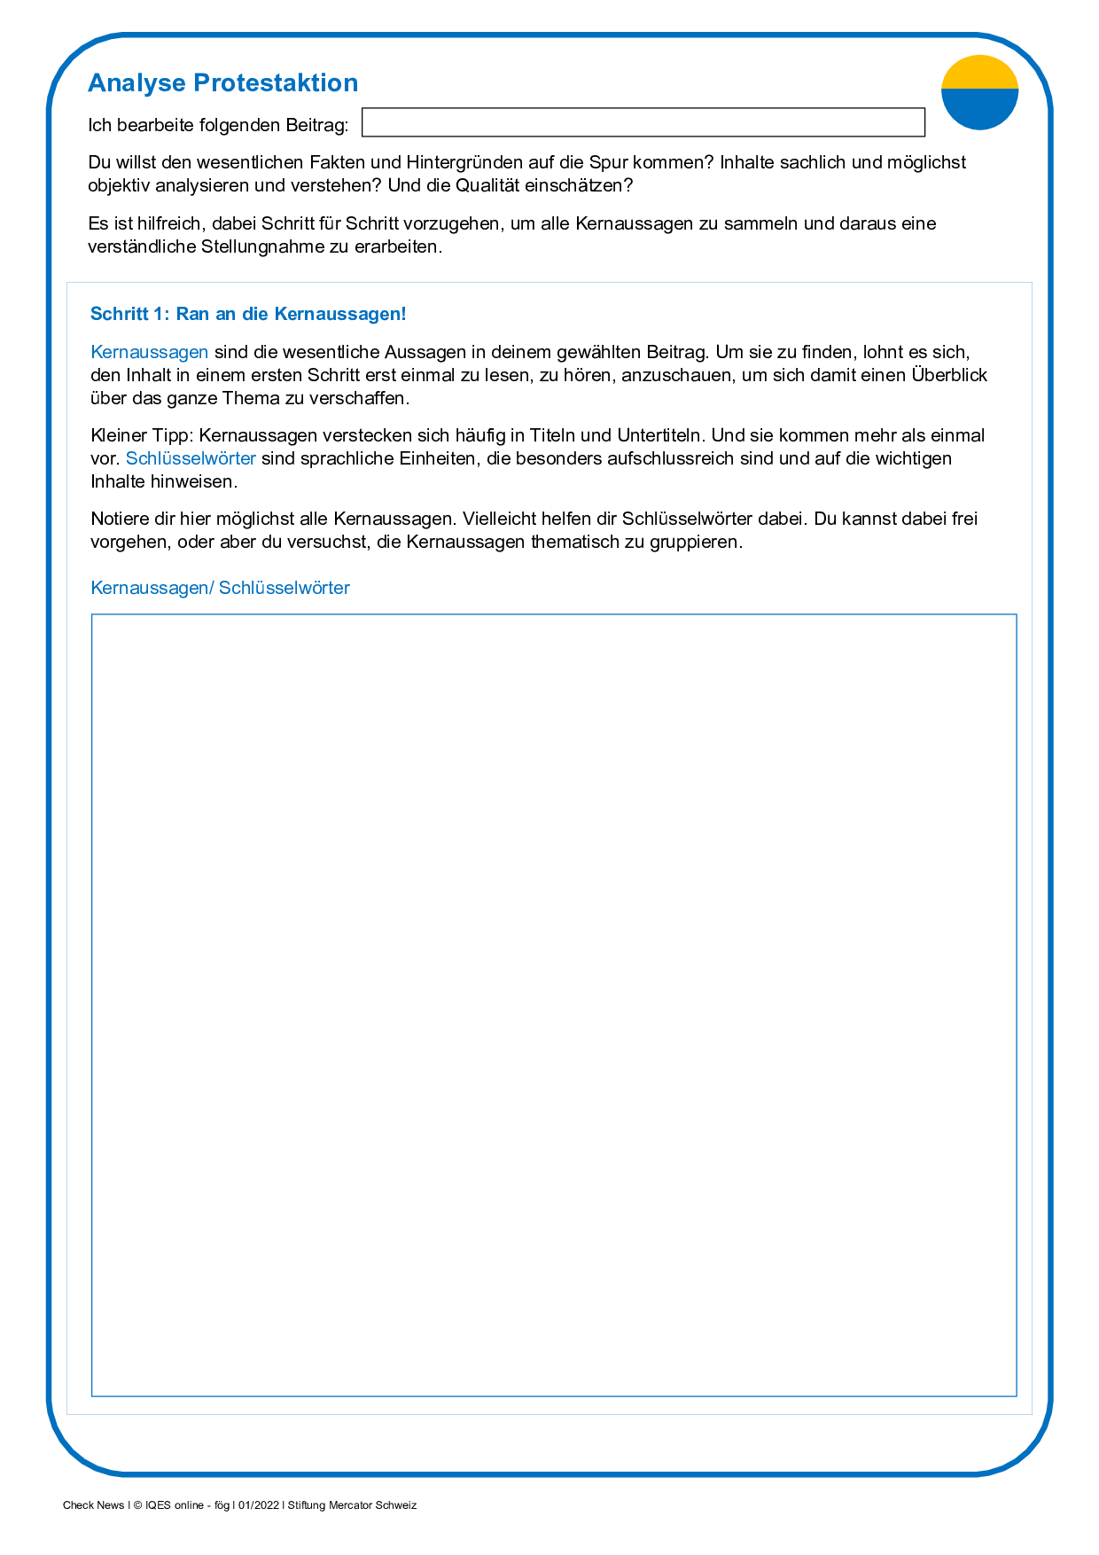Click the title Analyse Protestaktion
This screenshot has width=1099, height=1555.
tap(222, 83)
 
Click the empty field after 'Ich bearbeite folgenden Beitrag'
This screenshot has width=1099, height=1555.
tap(643, 122)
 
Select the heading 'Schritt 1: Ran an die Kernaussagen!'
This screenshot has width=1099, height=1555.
tap(248, 314)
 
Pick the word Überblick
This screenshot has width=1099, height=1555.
tap(949, 375)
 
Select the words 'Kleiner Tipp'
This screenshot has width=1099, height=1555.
tap(140, 435)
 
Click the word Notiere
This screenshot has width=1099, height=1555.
tap(119, 519)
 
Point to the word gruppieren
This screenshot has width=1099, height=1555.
tap(698, 542)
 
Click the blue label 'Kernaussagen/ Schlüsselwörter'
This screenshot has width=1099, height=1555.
tap(221, 588)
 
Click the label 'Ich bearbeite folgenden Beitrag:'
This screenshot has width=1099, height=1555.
tap(218, 125)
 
